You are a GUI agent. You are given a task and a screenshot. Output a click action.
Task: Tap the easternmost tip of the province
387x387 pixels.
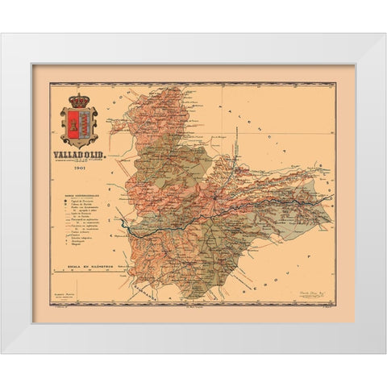(332, 196)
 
